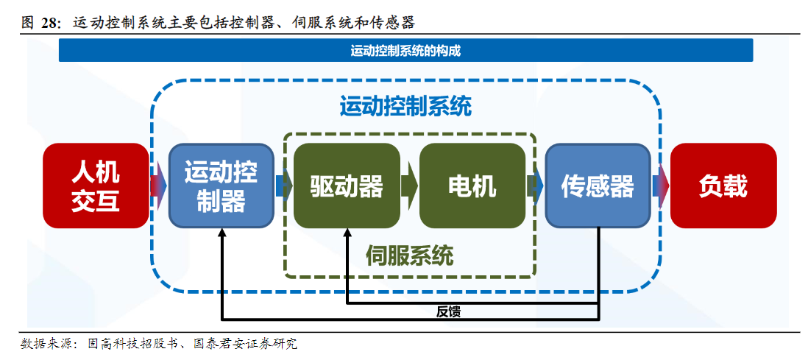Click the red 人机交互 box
tap(96, 186)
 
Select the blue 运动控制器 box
tap(221, 186)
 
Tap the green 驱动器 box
tap(347, 186)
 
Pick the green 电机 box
tap(472, 186)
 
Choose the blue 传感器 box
tap(598, 186)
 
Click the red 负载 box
tap(723, 186)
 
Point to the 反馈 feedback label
tap(448, 311)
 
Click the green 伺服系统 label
tap(409, 255)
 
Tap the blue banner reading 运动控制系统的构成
tap(405, 51)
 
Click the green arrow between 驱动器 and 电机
tap(409, 186)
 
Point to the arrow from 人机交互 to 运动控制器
tap(158, 186)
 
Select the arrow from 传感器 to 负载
tap(661, 186)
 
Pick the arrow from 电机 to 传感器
tap(535, 186)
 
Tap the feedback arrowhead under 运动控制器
tap(222, 233)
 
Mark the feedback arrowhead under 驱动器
tap(347, 233)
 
